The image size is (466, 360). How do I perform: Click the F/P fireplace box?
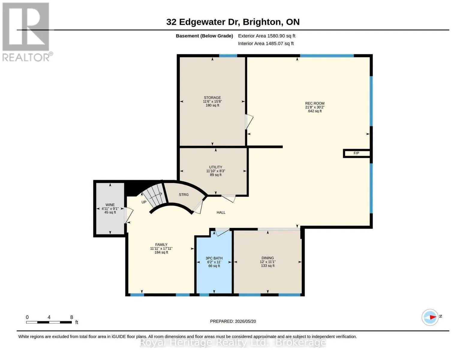click(357, 153)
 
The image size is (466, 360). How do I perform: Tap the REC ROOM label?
click(315, 103)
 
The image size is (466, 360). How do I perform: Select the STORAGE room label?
click(212, 97)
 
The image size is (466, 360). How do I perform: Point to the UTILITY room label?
click(216, 167)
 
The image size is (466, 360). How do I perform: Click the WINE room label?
click(110, 205)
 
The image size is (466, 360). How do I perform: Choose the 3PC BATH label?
click(214, 258)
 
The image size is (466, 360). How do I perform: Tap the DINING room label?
click(267, 258)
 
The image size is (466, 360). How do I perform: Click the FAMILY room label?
click(161, 244)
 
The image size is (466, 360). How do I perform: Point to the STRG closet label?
click(184, 195)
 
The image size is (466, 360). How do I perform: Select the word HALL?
click(221, 212)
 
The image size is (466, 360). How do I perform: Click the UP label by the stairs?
click(144, 202)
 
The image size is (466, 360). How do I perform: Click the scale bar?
click(49, 322)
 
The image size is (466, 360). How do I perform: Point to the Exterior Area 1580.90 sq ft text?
click(267, 36)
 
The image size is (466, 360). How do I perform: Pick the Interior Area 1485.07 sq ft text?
click(266, 43)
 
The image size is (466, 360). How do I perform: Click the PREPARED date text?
click(233, 321)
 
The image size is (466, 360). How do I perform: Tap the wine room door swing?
click(128, 215)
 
